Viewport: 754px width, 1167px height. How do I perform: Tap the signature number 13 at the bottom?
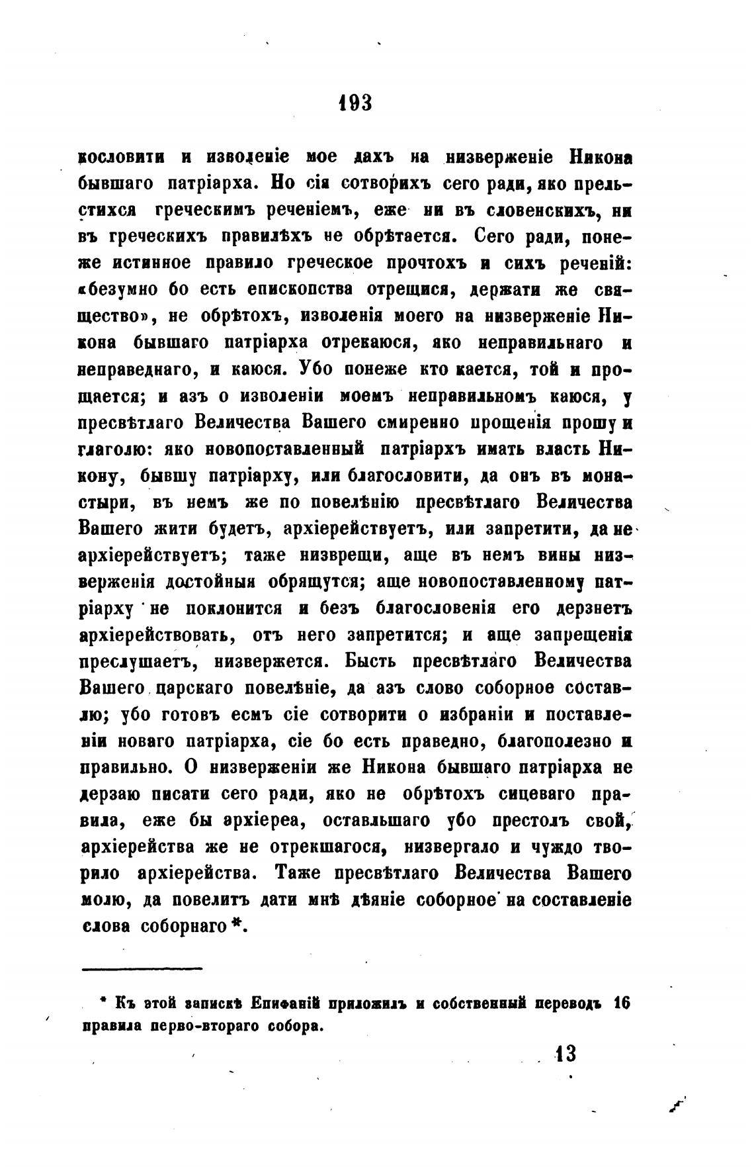566,1052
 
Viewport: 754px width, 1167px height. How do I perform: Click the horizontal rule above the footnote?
142,968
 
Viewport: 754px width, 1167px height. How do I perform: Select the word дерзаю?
105,794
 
